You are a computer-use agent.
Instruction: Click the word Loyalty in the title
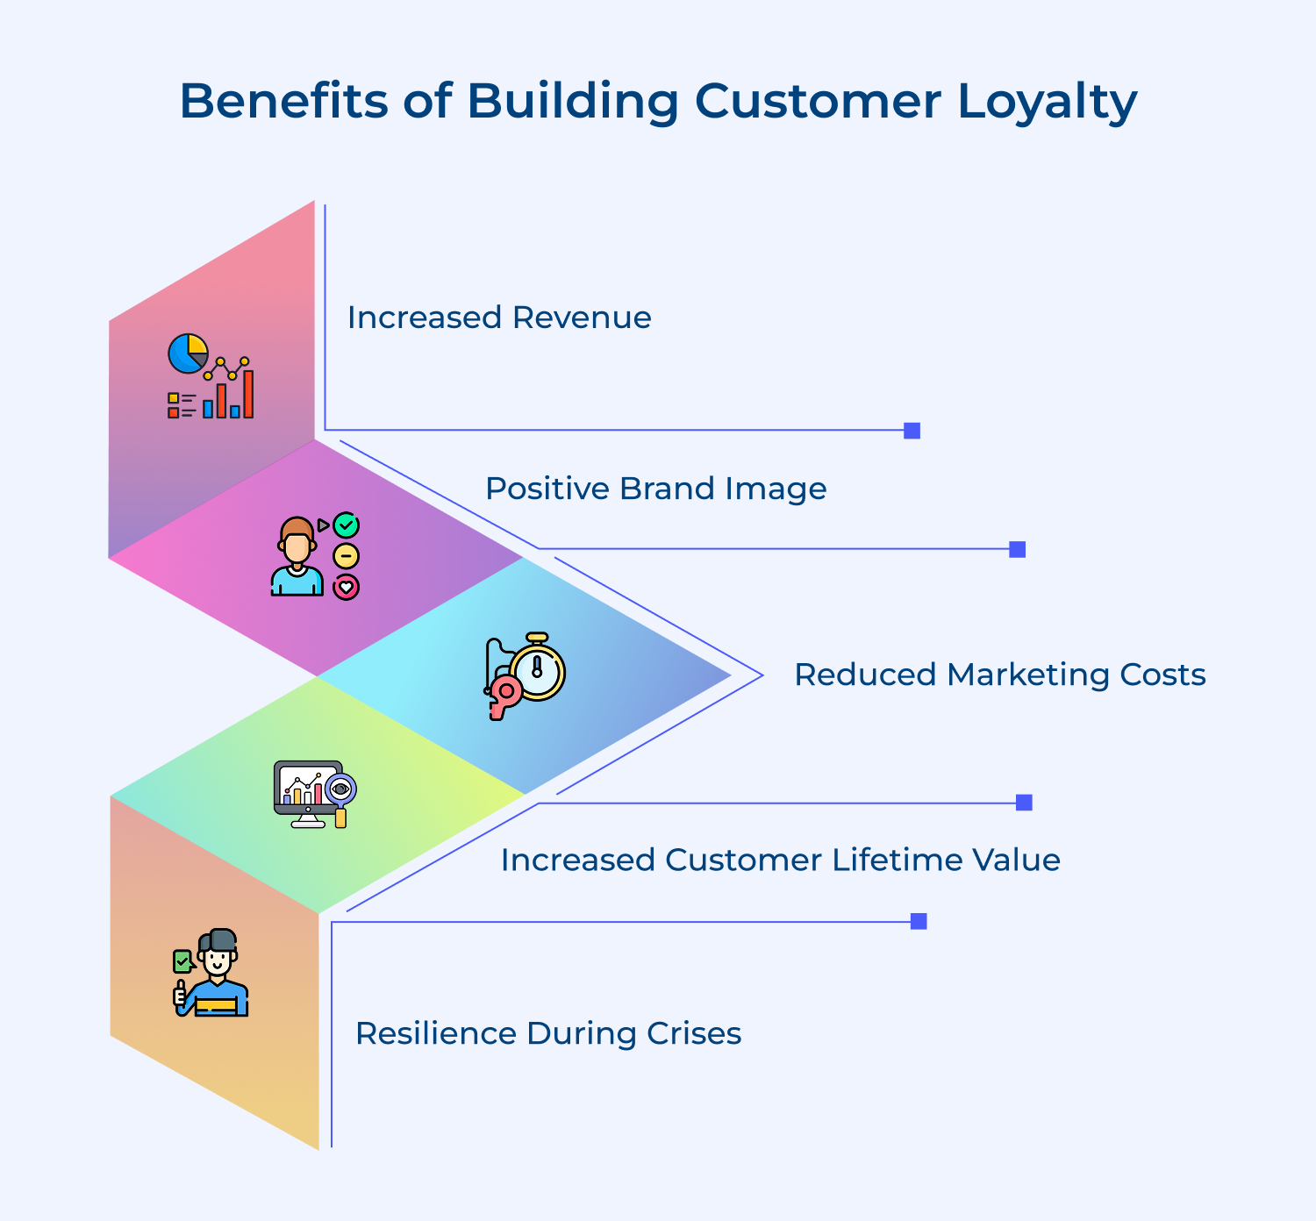(x=1047, y=101)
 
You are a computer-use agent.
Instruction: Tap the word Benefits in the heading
(x=283, y=101)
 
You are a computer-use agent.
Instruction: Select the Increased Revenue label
(x=499, y=318)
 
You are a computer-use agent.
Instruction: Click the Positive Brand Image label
(x=655, y=489)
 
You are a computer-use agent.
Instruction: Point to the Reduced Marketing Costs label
(x=999, y=675)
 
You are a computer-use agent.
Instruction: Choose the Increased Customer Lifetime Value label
(x=780, y=860)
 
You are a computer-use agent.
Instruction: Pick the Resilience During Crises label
(x=548, y=1033)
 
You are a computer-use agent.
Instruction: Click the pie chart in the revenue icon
(x=188, y=353)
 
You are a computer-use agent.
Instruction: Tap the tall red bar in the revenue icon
(x=249, y=394)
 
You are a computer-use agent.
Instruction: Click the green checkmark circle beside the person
(x=347, y=525)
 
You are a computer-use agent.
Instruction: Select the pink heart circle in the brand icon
(x=347, y=587)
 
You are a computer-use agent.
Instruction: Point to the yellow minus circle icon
(x=347, y=556)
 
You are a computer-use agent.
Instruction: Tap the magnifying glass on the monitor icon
(x=340, y=790)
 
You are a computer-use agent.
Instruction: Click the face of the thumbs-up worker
(x=218, y=960)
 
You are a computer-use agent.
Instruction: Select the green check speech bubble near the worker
(x=182, y=961)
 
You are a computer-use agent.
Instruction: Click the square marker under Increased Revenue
(x=912, y=431)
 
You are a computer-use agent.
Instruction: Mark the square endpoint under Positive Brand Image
(x=1018, y=550)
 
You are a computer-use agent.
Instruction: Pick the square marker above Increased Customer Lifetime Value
(x=1024, y=803)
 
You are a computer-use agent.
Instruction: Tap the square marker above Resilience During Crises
(x=919, y=921)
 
